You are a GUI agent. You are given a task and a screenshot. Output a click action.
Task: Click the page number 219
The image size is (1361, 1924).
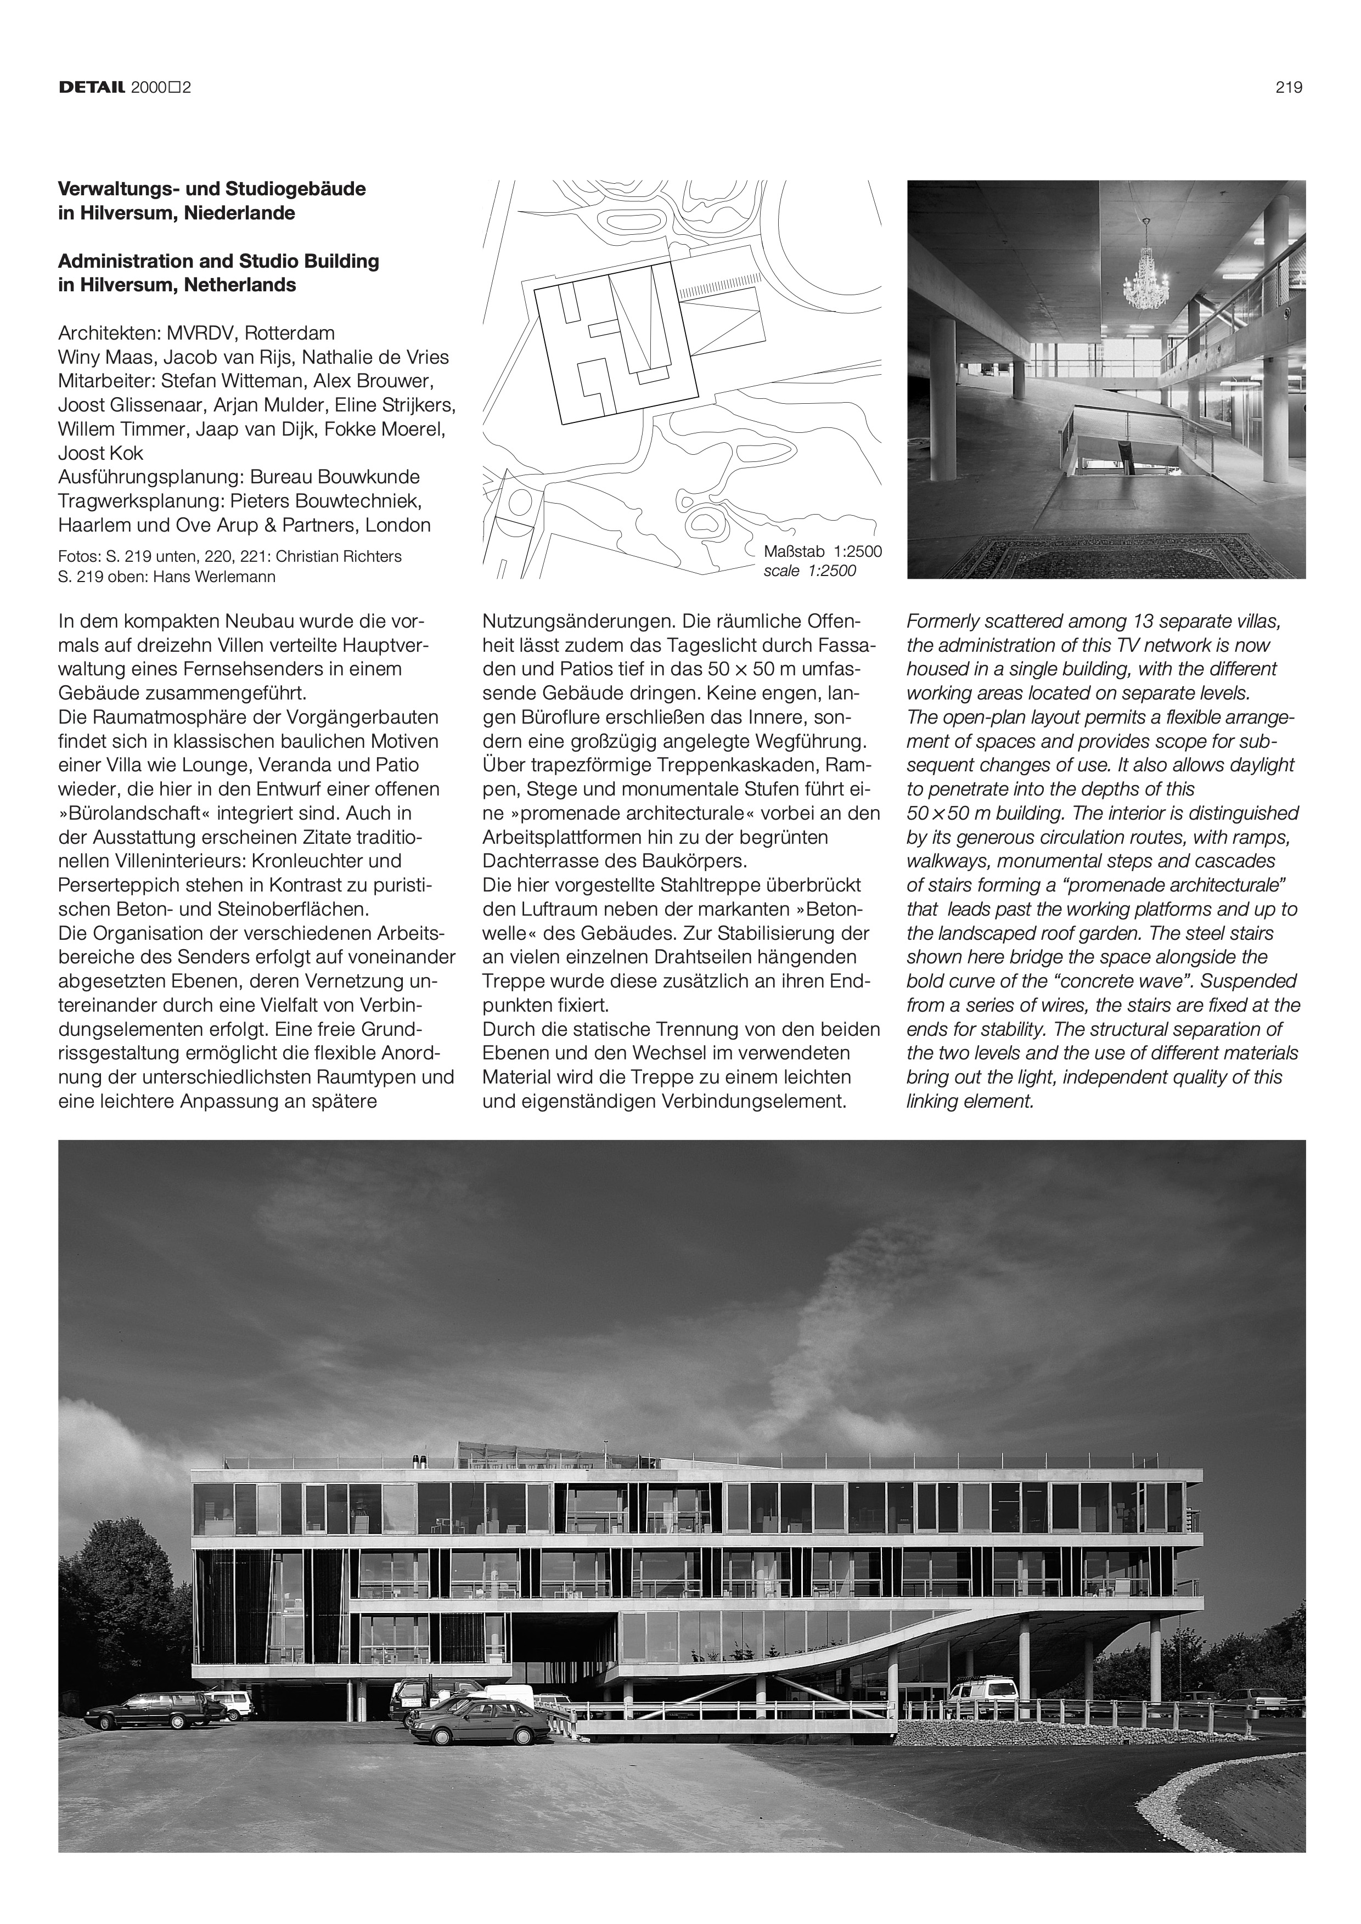1289,87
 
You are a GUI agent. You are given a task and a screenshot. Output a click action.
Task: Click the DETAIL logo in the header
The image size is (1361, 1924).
92,87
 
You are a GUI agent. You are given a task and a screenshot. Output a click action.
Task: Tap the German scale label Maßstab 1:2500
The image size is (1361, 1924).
822,552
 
